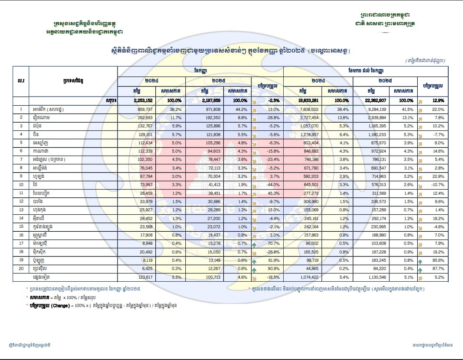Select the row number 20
[x=20, y=269]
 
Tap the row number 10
[x=20, y=184]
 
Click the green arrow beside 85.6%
[x=421, y=260]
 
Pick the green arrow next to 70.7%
[x=254, y=243]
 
